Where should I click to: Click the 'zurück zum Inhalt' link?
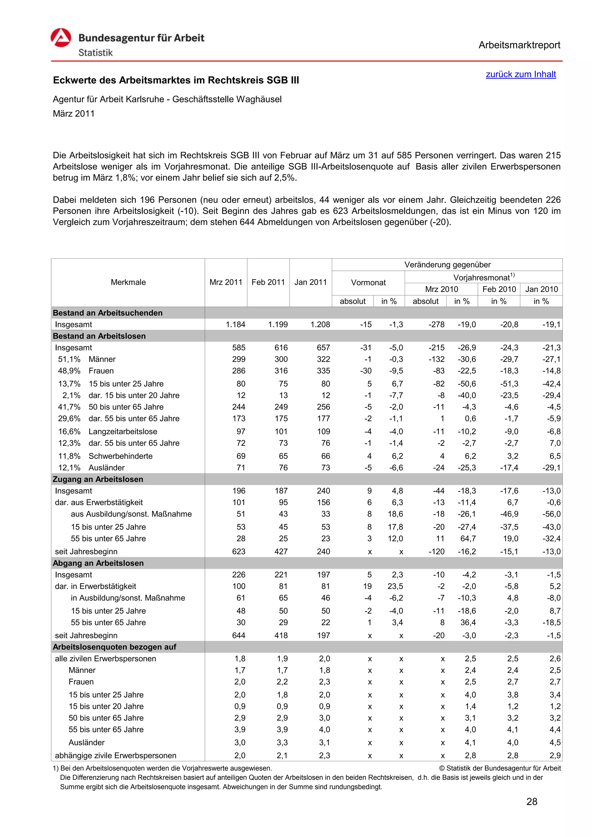521,74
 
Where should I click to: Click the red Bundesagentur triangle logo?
61,38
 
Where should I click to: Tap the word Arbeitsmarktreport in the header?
519,45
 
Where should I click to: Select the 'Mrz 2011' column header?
226,282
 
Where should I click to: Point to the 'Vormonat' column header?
368,283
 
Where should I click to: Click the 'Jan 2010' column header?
541,289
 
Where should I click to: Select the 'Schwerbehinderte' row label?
120,456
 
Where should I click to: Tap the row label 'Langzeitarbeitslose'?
123,431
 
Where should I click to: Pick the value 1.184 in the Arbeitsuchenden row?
236,325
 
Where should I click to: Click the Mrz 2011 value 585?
239,347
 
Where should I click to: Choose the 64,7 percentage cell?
468,538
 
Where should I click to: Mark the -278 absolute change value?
436,325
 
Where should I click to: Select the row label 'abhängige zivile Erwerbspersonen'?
116,755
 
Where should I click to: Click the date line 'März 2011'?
74,114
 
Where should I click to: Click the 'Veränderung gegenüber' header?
447,265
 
